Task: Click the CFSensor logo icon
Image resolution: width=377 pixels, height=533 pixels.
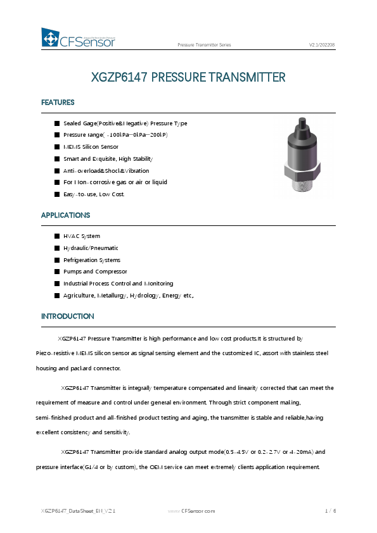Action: (x=50, y=38)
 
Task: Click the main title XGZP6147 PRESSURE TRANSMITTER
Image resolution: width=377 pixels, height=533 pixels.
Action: (x=188, y=78)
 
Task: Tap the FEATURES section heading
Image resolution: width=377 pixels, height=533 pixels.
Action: (x=58, y=103)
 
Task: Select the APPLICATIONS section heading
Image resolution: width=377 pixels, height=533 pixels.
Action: (x=65, y=215)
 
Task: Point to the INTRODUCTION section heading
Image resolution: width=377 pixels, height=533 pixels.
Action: (x=67, y=316)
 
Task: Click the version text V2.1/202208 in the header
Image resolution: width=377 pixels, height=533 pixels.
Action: (x=321, y=46)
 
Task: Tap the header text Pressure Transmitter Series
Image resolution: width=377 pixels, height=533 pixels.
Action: (x=204, y=46)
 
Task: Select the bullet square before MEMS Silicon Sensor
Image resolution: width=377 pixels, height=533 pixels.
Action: (x=56, y=147)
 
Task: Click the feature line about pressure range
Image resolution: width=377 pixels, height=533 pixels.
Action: (x=115, y=135)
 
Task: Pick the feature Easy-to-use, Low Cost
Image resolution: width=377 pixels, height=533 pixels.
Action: (x=94, y=194)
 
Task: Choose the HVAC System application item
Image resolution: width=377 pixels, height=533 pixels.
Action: (x=81, y=236)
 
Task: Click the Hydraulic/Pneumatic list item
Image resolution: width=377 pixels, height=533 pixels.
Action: (x=91, y=248)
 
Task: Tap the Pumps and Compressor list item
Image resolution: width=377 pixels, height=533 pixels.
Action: (x=95, y=272)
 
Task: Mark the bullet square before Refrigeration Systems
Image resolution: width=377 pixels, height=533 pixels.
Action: (x=56, y=260)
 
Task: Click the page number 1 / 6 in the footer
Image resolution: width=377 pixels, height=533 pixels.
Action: (x=330, y=510)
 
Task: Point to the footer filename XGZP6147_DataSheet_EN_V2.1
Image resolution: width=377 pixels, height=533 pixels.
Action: (x=78, y=510)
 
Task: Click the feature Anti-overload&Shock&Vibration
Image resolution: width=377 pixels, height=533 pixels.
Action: (x=106, y=171)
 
